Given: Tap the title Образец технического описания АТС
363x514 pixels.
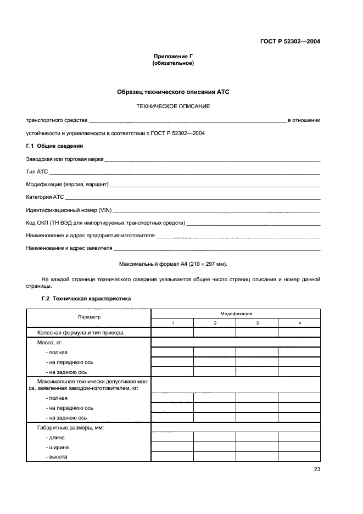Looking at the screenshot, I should point(173,92).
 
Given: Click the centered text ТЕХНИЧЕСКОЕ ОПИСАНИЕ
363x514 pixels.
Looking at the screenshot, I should point(173,105).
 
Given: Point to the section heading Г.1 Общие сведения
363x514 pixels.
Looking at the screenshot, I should point(54,146).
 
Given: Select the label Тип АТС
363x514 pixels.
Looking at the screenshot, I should point(37,172).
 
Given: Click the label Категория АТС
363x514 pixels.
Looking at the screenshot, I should point(45,197).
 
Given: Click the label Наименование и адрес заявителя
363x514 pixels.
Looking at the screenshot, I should point(65,248).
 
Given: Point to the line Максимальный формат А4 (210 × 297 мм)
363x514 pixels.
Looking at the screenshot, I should point(173,264).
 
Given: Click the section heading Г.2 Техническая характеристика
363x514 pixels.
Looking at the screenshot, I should point(86,299).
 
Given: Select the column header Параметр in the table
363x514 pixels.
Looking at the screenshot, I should point(89,317).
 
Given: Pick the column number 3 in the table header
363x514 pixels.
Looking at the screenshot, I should point(257,322).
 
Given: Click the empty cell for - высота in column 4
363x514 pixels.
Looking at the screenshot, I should point(299,457).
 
